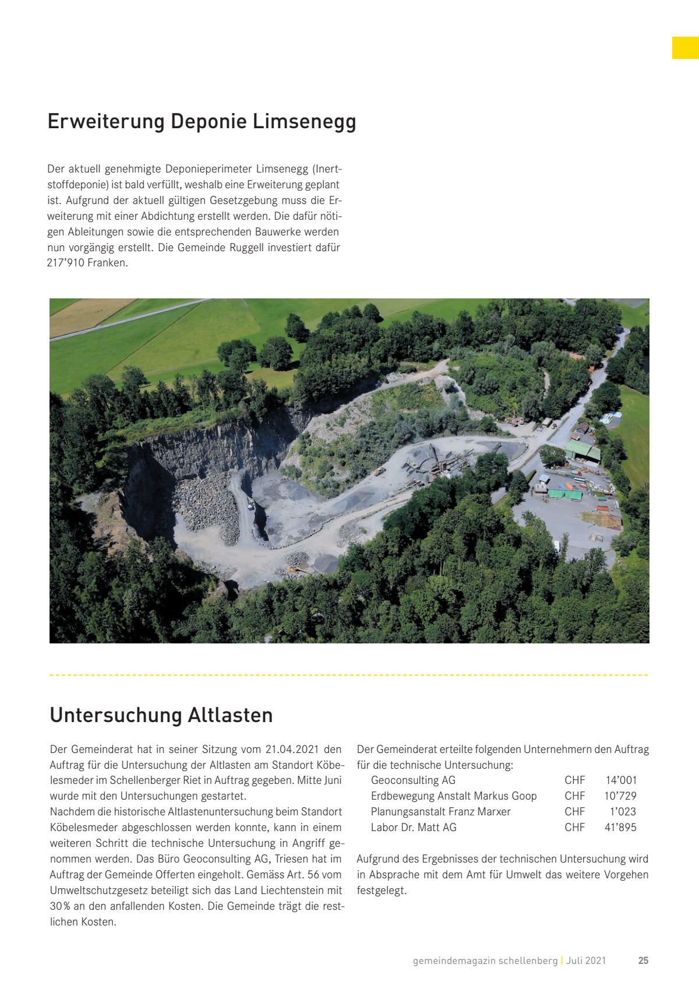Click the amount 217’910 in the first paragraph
point(66,263)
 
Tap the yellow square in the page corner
point(685,48)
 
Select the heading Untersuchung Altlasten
point(161,715)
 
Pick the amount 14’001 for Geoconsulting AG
point(621,780)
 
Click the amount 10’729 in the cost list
point(620,796)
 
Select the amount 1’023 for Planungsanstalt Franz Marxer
point(623,812)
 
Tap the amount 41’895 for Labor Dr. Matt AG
point(620,828)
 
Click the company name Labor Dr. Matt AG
point(414,828)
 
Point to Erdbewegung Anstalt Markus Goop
point(454,796)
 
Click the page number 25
point(643,960)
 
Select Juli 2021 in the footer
point(586,960)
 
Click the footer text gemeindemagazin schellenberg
point(485,960)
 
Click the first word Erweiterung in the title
point(106,122)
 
